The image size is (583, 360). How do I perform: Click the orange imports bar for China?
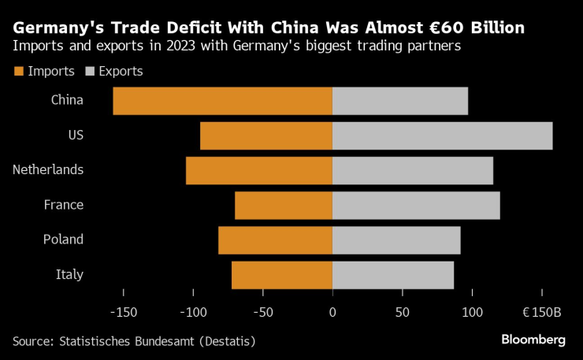(222, 101)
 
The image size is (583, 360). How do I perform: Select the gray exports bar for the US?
(442, 135)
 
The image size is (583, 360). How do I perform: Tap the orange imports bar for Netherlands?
(259, 170)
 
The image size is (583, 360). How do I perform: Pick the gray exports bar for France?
(416, 205)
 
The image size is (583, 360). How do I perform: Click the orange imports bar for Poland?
(275, 239)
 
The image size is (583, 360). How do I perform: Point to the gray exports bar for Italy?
(392, 274)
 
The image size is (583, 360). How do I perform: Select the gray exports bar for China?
(400, 101)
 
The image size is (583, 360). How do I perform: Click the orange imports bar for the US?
(266, 135)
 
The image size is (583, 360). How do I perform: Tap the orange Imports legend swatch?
(19, 72)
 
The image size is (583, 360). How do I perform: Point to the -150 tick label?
(124, 312)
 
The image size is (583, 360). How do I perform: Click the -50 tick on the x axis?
(263, 312)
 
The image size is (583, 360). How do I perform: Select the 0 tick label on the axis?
(332, 312)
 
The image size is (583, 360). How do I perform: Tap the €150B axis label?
(541, 312)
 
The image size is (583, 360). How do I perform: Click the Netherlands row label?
(48, 169)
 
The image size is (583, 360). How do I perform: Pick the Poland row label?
(63, 239)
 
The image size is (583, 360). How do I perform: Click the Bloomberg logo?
(533, 340)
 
